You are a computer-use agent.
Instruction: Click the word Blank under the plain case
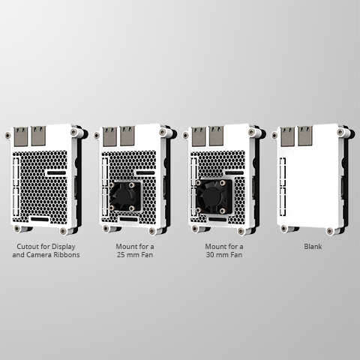tap(313, 247)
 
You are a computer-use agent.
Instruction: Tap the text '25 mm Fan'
tap(135, 255)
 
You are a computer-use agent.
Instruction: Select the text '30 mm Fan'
tap(224, 255)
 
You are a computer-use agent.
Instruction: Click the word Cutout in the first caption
tap(28, 247)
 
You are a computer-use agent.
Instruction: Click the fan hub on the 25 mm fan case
tap(123, 196)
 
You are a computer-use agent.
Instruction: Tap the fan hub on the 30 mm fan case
tap(212, 196)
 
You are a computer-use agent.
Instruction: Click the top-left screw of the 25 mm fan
tap(112, 185)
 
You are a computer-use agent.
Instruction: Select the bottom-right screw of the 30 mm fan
tap(222, 211)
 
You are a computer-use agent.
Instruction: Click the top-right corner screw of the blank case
tap(340, 132)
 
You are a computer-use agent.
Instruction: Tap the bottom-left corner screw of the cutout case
tap(17, 228)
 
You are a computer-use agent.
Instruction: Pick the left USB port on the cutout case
tap(21, 136)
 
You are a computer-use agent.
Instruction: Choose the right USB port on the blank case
tap(305, 136)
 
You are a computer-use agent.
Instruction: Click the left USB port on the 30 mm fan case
tap(199, 136)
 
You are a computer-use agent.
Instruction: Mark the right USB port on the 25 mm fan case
tap(127, 136)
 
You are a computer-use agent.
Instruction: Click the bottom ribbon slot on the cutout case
tap(40, 219)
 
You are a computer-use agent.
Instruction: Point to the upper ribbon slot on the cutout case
tap(56, 172)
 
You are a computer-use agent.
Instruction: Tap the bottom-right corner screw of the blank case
tap(330, 231)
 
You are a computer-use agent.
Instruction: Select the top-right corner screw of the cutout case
tap(74, 132)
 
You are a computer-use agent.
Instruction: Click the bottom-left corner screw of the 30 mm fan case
tap(194, 228)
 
